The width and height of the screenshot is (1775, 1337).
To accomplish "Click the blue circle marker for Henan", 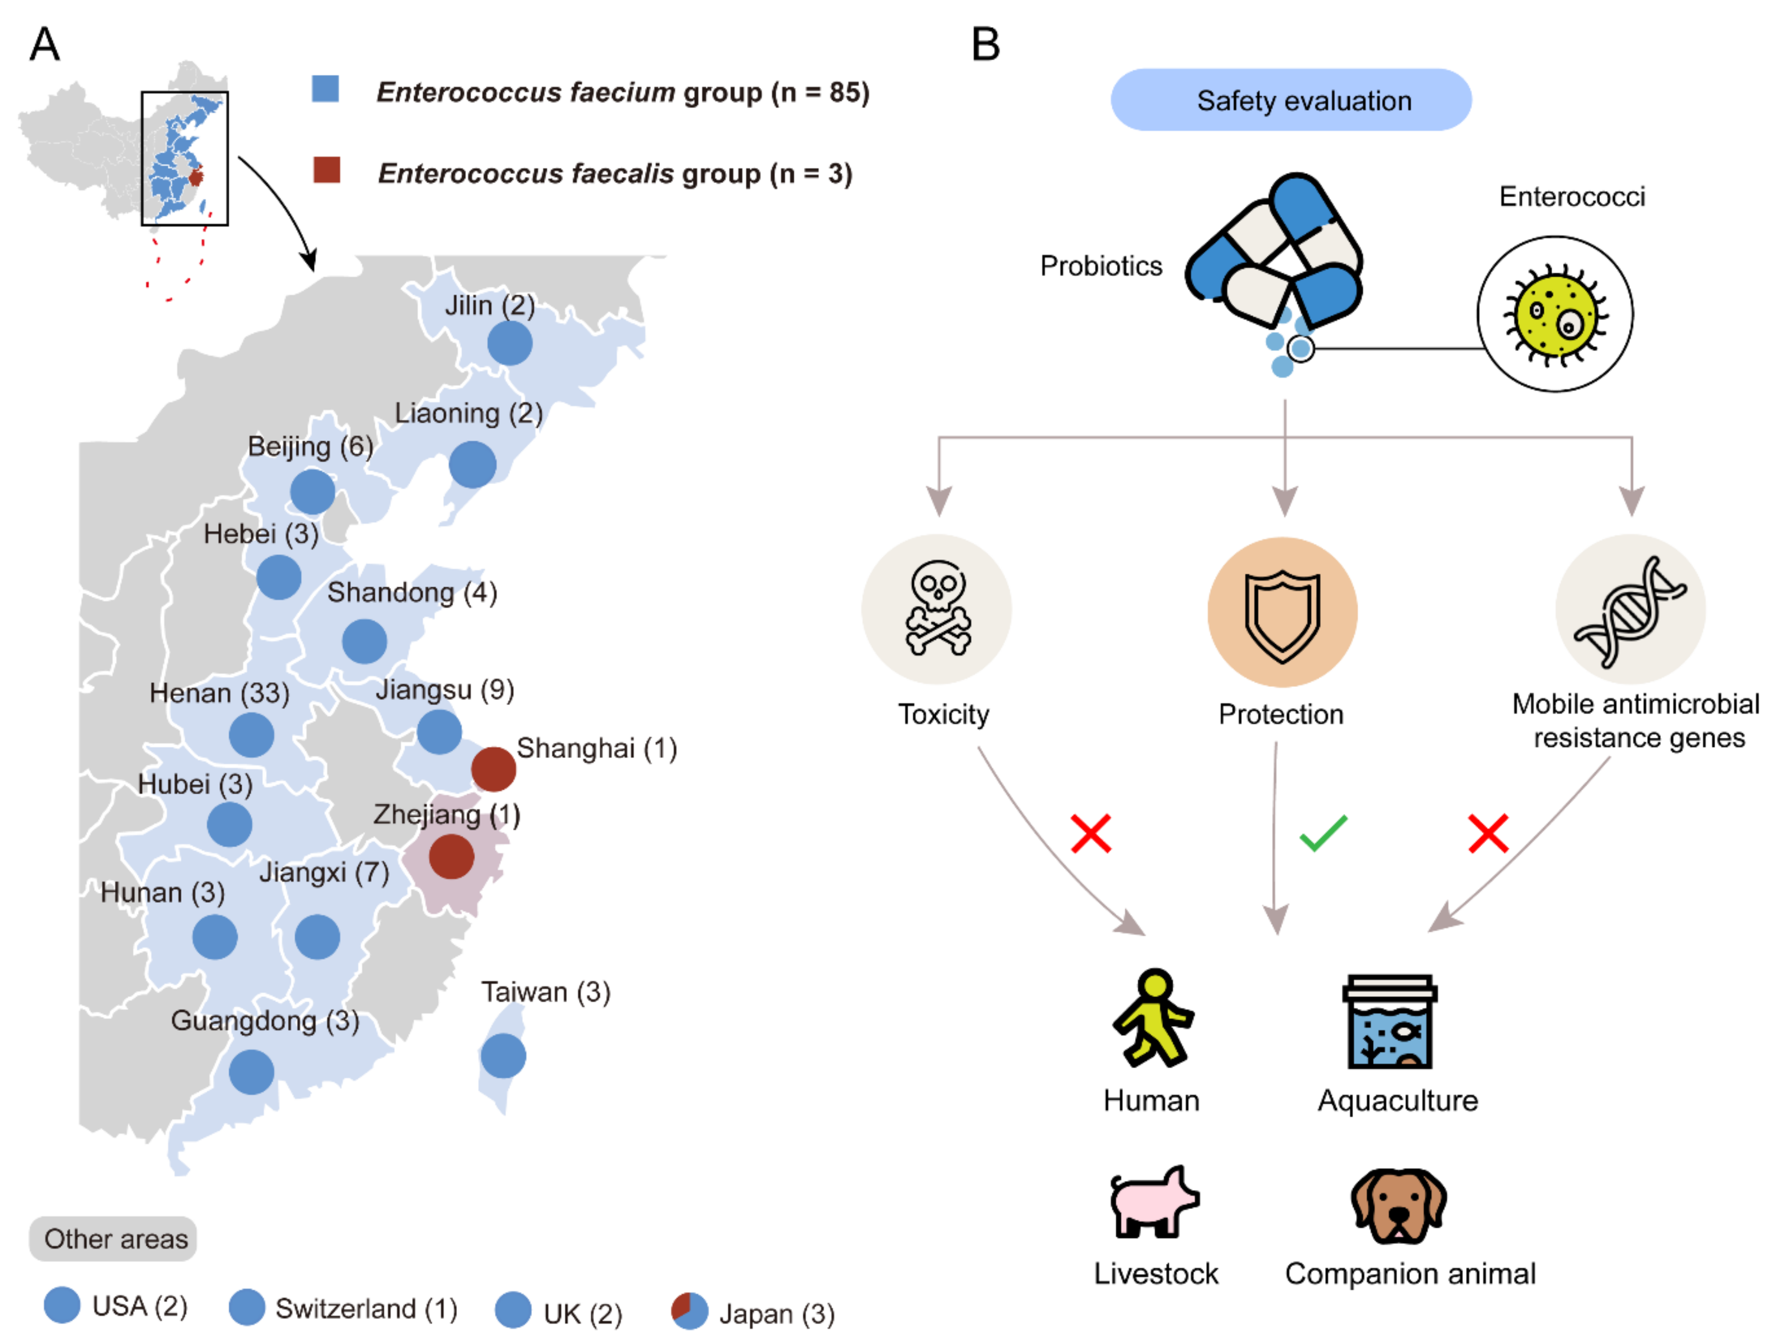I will (x=251, y=734).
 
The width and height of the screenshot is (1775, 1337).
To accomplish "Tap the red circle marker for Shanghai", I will (x=493, y=769).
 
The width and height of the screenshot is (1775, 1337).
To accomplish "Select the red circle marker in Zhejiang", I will (x=451, y=856).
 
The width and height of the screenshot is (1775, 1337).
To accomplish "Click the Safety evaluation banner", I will (x=1290, y=101).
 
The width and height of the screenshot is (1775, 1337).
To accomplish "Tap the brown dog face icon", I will (x=1398, y=1205).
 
